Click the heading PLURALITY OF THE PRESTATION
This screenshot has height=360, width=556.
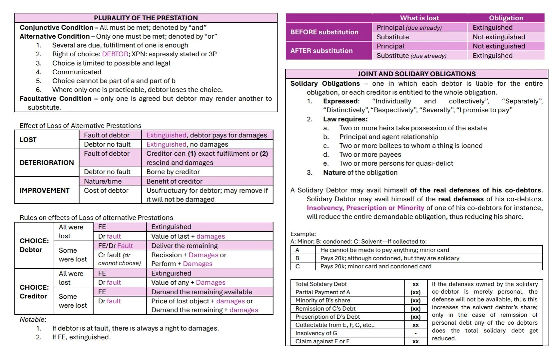[x=146, y=18]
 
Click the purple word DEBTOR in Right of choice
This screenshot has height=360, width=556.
[x=115, y=54]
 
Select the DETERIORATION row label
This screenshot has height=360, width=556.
[x=47, y=163]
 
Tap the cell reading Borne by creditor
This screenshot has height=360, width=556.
[x=173, y=172]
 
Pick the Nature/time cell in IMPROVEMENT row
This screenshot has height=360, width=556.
[x=103, y=181]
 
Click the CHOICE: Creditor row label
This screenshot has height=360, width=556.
[x=34, y=292]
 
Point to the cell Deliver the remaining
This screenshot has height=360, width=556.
[x=184, y=246]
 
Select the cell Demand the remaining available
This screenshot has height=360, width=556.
[x=202, y=292]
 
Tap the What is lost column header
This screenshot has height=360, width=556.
[x=419, y=18]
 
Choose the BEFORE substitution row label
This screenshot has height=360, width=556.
[x=324, y=32]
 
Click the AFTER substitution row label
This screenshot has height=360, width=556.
[x=321, y=51]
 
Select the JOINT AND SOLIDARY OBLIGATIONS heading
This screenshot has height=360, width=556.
[x=416, y=74]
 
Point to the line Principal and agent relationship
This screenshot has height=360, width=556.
[x=388, y=137]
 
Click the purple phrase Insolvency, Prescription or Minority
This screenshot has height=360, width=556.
[x=365, y=208]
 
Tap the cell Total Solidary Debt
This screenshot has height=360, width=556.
[x=321, y=284]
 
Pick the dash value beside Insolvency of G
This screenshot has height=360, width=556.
[x=415, y=333]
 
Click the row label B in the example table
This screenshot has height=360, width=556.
[x=297, y=258]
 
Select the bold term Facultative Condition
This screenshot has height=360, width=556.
[x=55, y=99]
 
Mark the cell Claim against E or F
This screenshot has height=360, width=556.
[x=322, y=341]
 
